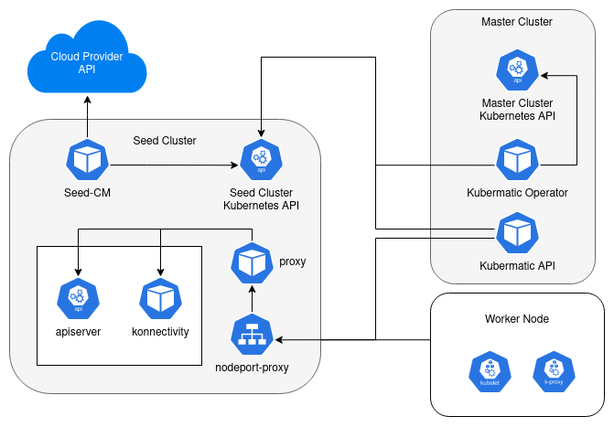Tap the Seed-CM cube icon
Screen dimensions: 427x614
[x=88, y=161]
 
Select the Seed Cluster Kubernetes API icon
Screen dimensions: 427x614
[x=262, y=161]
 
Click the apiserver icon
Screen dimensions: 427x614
[x=78, y=298]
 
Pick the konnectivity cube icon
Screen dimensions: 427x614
[x=160, y=298]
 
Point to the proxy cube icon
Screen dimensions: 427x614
[x=252, y=263]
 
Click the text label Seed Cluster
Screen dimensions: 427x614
[x=165, y=141]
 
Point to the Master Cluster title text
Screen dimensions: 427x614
[x=517, y=21]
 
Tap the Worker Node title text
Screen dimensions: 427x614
[x=517, y=318]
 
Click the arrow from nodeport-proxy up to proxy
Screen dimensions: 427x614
[x=252, y=298]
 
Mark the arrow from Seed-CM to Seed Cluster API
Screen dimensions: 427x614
[x=174, y=165]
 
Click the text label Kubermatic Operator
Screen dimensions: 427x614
[x=517, y=193]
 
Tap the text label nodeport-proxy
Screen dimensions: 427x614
[x=252, y=369]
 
